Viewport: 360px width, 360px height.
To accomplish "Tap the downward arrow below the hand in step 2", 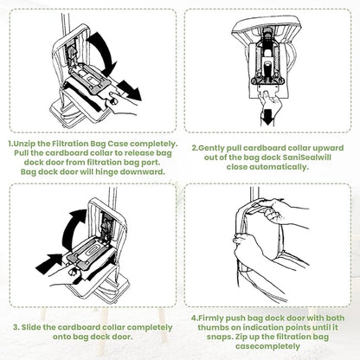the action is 267,118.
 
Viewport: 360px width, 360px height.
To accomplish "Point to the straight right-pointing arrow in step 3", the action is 49,264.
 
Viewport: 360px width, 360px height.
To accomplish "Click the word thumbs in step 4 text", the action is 210,328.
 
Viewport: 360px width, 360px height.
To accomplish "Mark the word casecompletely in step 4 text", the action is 267,346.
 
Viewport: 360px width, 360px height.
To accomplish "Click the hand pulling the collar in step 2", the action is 270,101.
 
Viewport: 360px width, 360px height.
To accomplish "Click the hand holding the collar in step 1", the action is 121,105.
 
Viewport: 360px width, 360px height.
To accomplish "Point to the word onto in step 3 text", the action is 61,337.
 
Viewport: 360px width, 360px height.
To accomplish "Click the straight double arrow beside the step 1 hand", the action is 129,89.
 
